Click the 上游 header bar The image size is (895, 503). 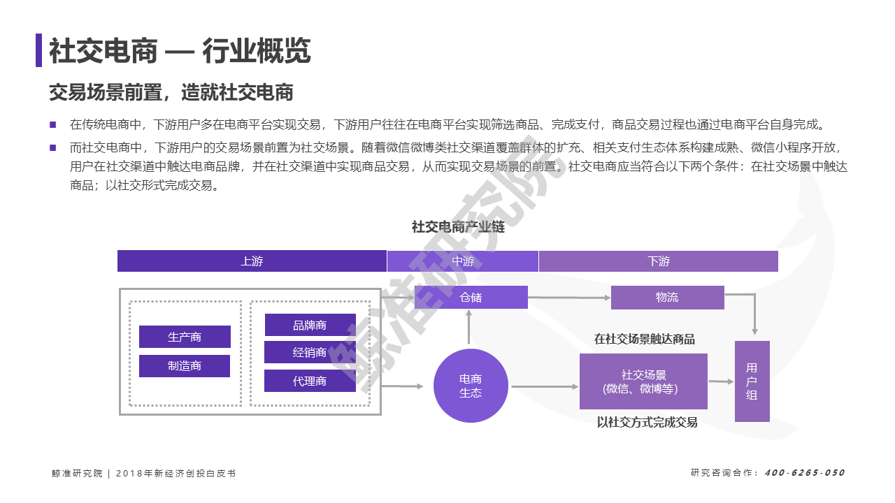pyautogui.click(x=252, y=261)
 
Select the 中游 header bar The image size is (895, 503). pyautogui.click(x=463, y=261)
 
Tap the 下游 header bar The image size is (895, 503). pyautogui.click(x=659, y=261)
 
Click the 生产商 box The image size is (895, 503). pyautogui.click(x=185, y=337)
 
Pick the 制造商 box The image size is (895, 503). pyautogui.click(x=185, y=365)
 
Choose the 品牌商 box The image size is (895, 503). pyautogui.click(x=310, y=325)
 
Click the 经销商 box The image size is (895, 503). pyautogui.click(x=310, y=352)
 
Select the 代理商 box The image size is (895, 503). pyautogui.click(x=310, y=381)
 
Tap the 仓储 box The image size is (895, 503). pyautogui.click(x=471, y=297)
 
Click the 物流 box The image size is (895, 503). pyautogui.click(x=668, y=298)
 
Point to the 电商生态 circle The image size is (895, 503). pyautogui.click(x=471, y=386)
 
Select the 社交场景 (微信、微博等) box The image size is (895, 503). pyautogui.click(x=643, y=381)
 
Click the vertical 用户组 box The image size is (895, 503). pyautogui.click(x=752, y=381)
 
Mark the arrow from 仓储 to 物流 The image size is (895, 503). pyautogui.click(x=569, y=298)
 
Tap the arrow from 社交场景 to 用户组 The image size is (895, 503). pyautogui.click(x=721, y=381)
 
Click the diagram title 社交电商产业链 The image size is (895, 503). pyautogui.click(x=458, y=227)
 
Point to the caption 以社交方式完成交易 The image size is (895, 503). pyautogui.click(x=647, y=422)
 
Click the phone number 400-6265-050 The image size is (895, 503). pyautogui.click(x=805, y=473)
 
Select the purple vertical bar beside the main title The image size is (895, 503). pyautogui.click(x=38, y=50)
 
